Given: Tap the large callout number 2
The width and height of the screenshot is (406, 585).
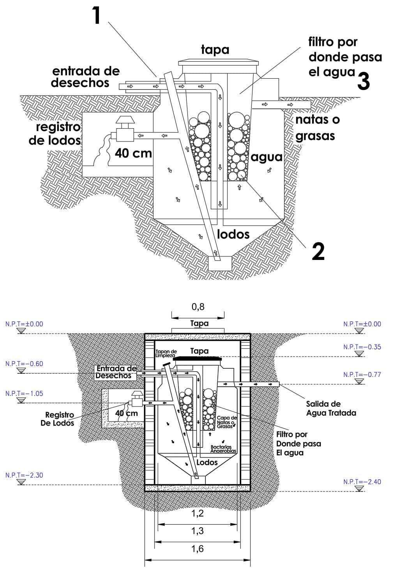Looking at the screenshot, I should (318, 251).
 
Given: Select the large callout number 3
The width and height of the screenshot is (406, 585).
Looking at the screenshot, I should (363, 81).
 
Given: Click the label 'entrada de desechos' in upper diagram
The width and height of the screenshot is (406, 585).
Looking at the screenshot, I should (85, 77).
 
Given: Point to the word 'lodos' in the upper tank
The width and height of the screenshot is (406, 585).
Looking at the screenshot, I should (233, 234).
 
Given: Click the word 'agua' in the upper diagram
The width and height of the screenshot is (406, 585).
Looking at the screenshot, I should (267, 157).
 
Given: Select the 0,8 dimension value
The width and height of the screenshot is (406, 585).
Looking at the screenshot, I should (198, 307).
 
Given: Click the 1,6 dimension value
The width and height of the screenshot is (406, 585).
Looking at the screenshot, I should (198, 549).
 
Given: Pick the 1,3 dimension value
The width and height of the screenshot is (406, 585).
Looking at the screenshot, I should (198, 531).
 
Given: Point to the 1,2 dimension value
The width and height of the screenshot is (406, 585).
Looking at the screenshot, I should (198, 513).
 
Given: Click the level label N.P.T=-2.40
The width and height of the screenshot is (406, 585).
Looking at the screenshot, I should (362, 482).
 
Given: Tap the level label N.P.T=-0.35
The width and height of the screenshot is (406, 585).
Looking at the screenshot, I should (362, 347).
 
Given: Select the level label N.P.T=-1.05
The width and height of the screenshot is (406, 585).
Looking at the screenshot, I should (24, 394).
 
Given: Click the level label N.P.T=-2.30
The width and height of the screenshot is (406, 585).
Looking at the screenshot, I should (24, 475).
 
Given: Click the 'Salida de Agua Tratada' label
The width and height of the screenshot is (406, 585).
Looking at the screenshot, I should (331, 408).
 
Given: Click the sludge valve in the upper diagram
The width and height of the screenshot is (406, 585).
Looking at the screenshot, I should (124, 130).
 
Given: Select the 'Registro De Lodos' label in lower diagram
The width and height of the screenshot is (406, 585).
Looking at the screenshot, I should (59, 419).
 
